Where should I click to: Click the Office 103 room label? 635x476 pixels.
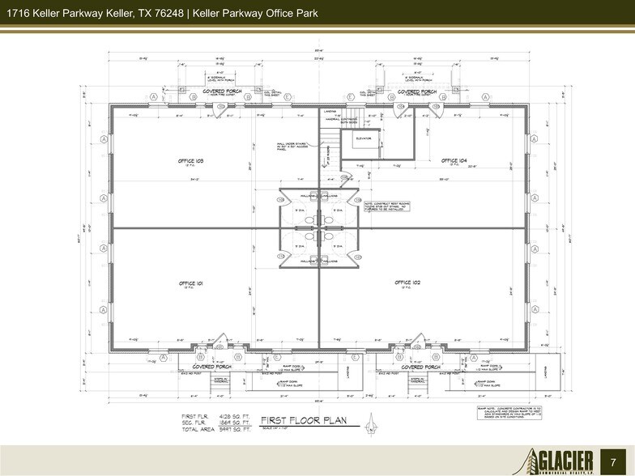[190, 161]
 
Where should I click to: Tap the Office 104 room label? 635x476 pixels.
[452, 161]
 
